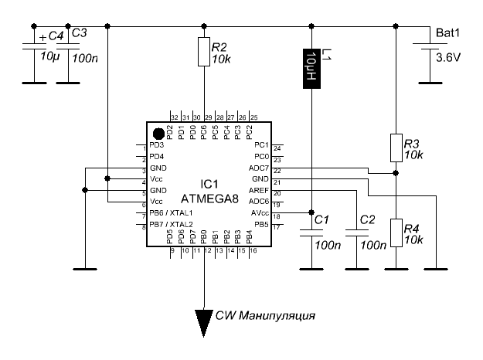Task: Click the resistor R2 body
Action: click(204, 51)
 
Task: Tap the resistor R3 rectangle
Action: click(395, 148)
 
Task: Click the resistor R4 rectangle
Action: click(395, 233)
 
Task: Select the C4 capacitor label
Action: click(54, 36)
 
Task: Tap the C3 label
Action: click(80, 33)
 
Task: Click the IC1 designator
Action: click(206, 184)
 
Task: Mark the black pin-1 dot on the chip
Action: click(158, 133)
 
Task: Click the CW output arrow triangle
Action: click(204, 318)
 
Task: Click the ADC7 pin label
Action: click(257, 168)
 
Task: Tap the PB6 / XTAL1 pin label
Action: click(171, 212)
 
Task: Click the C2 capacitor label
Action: click(366, 220)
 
